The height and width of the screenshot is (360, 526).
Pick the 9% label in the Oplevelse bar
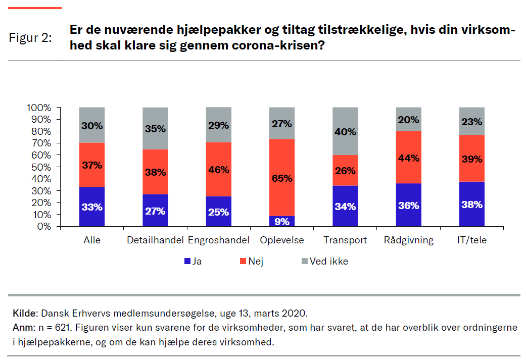point(282,221)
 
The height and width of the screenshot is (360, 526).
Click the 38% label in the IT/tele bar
point(472,205)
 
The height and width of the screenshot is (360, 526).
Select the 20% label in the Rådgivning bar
point(409,120)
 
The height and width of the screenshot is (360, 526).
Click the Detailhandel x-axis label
point(155,240)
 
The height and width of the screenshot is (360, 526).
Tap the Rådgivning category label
point(409,240)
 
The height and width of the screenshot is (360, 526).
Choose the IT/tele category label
point(472,240)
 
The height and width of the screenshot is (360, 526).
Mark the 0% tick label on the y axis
point(43,227)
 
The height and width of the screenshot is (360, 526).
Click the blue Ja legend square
point(187,262)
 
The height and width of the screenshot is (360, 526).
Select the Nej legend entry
point(256,262)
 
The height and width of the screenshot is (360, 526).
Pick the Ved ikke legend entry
point(324,262)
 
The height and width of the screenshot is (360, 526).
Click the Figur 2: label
point(30,38)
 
